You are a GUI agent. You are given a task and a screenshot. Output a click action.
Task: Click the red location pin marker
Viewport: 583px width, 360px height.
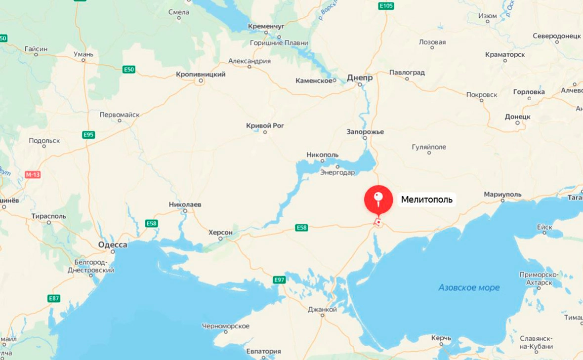[378, 200]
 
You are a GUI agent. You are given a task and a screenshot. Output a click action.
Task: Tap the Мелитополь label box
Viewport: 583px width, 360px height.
[426, 200]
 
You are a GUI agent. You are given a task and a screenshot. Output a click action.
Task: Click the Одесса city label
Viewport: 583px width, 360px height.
[112, 245]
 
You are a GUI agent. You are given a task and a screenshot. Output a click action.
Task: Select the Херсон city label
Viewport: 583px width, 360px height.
[220, 232]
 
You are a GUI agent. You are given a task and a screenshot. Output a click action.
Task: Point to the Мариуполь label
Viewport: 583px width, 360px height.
[502, 195]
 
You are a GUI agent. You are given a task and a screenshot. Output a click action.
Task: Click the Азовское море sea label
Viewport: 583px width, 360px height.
[469, 287]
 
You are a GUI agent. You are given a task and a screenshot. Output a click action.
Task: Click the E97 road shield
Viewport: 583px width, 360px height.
[279, 280]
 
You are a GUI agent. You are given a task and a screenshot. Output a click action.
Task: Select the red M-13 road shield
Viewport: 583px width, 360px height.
[32, 175]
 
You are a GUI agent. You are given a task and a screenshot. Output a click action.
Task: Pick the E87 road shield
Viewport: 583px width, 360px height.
[54, 298]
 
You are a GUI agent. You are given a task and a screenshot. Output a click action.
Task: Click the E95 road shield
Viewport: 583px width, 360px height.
[88, 135]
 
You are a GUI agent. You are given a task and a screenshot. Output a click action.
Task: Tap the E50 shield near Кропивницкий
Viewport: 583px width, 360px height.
[129, 70]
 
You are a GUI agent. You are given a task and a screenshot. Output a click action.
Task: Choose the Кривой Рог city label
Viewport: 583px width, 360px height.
[265, 126]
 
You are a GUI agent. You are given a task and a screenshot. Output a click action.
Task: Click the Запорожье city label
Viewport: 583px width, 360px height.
[365, 132]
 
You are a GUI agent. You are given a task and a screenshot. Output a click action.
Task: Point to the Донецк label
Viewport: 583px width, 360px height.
[517, 117]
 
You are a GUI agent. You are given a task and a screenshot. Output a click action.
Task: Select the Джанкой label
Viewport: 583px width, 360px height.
[322, 310]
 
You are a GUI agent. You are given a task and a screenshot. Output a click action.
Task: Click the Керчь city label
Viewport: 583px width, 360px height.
[441, 338]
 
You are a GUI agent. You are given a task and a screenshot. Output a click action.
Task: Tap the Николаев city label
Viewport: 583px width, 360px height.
[185, 204]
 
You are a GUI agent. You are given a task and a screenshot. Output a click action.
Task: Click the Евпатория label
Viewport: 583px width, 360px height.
[263, 352]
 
